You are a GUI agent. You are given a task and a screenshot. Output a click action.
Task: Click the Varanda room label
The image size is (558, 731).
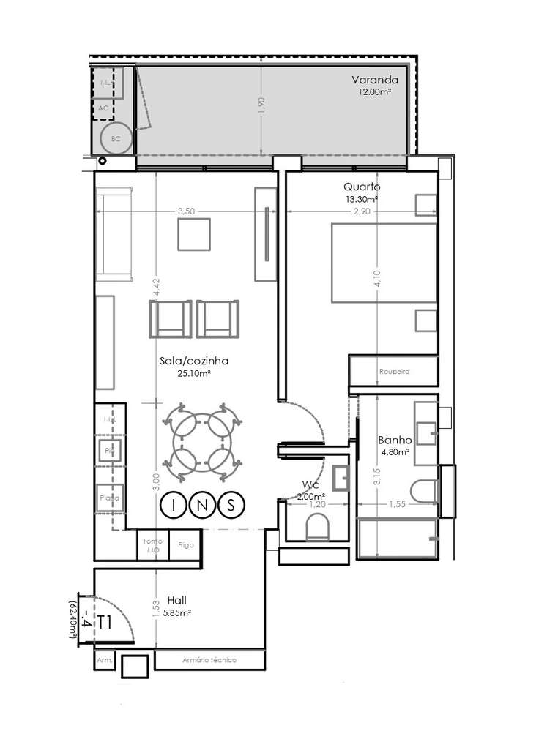pos(374,80)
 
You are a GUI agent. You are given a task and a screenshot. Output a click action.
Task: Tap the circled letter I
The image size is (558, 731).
pos(174,504)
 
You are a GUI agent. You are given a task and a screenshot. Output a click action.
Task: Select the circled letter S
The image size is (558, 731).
pos(231,504)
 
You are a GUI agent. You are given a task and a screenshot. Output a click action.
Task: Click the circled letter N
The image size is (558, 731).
pos(202,504)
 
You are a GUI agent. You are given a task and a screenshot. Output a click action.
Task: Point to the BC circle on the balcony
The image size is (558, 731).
pos(116,137)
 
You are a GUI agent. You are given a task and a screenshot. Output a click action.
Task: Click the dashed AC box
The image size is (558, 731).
pos(103,108)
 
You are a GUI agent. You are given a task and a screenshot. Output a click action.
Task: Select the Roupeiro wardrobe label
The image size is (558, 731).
pos(394,372)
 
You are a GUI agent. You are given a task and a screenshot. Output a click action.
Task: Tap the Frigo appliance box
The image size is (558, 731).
pos(185,545)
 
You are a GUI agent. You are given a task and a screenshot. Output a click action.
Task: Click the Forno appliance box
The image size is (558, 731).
pos(153,545)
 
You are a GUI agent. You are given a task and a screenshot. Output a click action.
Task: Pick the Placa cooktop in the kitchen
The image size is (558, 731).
pos(110,498)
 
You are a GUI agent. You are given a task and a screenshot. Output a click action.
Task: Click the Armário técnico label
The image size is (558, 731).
pos(209,660)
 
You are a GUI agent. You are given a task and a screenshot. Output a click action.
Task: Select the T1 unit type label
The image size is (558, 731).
pos(105,623)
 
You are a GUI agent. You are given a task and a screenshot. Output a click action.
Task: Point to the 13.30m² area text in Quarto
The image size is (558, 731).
pos(362,198)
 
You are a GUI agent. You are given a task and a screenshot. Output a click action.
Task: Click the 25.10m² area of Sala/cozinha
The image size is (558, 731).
pos(194,373)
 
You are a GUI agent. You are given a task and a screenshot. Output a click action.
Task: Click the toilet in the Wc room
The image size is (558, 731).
pos(316,526)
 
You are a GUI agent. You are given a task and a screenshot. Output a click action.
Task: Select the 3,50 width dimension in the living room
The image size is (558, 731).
pos(186,211)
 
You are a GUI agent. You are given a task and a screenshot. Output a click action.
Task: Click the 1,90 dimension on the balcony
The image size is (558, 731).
pos(261,105)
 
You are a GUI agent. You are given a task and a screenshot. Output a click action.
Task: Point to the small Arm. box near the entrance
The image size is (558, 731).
pos(104,660)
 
